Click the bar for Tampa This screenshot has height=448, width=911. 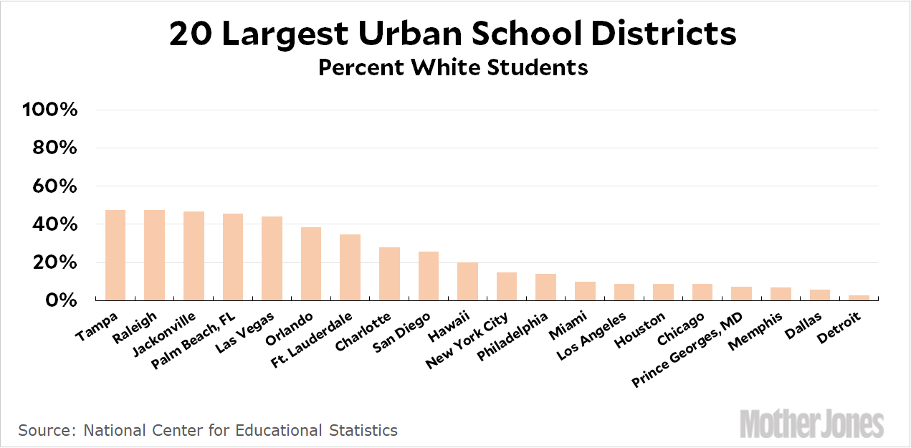click(x=115, y=255)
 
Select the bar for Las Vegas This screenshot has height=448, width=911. click(x=272, y=259)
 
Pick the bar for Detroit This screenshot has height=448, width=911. click(x=858, y=297)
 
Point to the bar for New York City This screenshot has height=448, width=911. click(x=507, y=286)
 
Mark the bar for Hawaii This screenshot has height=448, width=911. click(x=467, y=281)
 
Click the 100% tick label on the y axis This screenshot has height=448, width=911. click(x=49, y=110)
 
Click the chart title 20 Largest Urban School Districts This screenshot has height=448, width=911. click(x=452, y=34)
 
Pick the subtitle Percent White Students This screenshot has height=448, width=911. click(x=453, y=67)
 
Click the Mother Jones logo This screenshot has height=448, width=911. click(x=811, y=424)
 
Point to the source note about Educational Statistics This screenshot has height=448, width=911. click(x=208, y=431)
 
